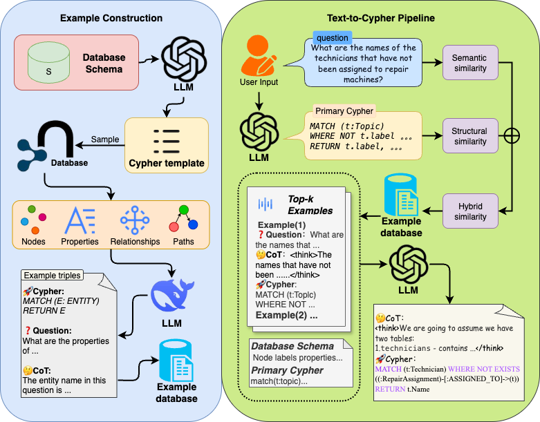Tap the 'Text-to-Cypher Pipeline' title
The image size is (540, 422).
click(x=380, y=17)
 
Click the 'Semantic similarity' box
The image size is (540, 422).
click(x=469, y=64)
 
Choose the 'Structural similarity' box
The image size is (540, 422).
click(x=469, y=136)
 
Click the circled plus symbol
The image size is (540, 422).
click(x=512, y=135)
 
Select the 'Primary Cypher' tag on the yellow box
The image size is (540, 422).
click(x=344, y=111)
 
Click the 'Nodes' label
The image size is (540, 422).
click(x=34, y=242)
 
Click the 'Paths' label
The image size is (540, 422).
click(x=183, y=242)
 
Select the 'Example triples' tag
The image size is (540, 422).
click(x=52, y=275)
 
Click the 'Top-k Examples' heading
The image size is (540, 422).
click(x=310, y=205)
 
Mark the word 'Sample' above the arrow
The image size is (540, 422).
click(x=105, y=140)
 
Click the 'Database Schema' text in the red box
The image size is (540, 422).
click(x=103, y=63)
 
